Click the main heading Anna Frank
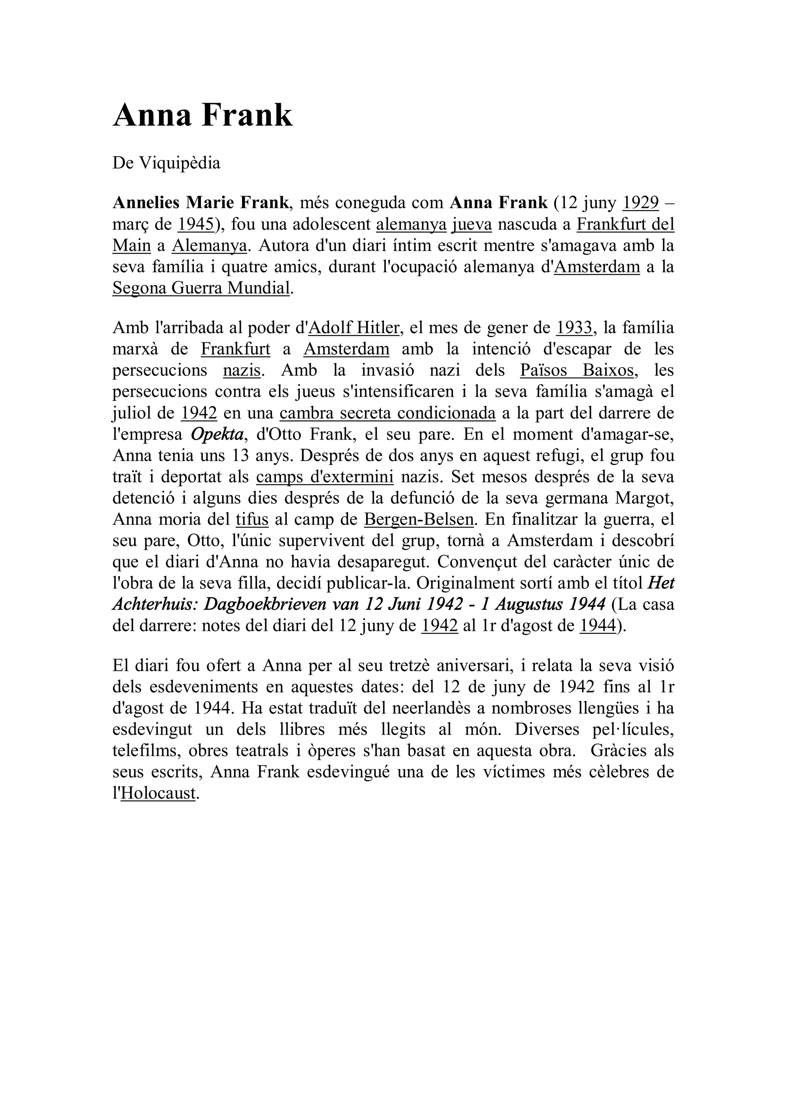click(203, 116)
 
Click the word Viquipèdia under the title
click(180, 163)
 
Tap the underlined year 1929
click(641, 202)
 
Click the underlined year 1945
click(196, 224)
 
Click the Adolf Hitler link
click(354, 328)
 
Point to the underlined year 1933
click(574, 328)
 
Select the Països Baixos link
click(576, 370)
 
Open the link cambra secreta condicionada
click(387, 413)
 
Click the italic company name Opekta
click(217, 435)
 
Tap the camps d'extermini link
click(324, 477)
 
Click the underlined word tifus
click(252, 520)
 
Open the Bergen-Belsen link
click(418, 520)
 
